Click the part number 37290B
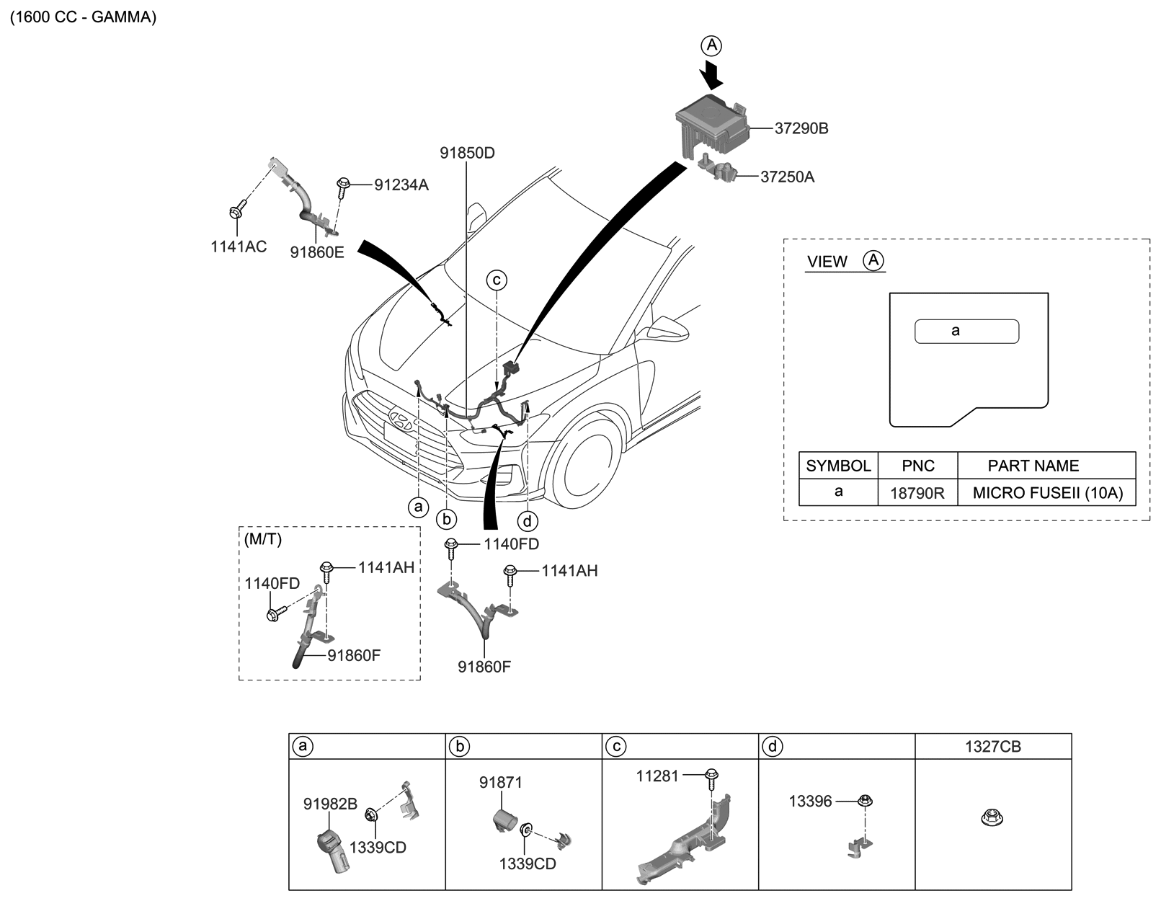coord(801,129)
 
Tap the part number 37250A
coord(787,177)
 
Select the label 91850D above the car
coord(468,154)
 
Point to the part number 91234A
coord(401,185)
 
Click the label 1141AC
coord(239,247)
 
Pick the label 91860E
coord(317,252)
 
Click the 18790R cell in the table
coord(917,494)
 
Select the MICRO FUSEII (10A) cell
coord(1047,494)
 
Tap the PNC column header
coord(917,466)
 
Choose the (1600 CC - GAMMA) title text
coord(83,17)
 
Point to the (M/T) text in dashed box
coord(263,540)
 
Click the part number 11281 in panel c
coord(657,776)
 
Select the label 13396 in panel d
coord(810,801)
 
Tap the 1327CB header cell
coord(992,747)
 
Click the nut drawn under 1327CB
coord(992,817)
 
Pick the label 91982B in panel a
coord(330,804)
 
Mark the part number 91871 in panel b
coord(501,783)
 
